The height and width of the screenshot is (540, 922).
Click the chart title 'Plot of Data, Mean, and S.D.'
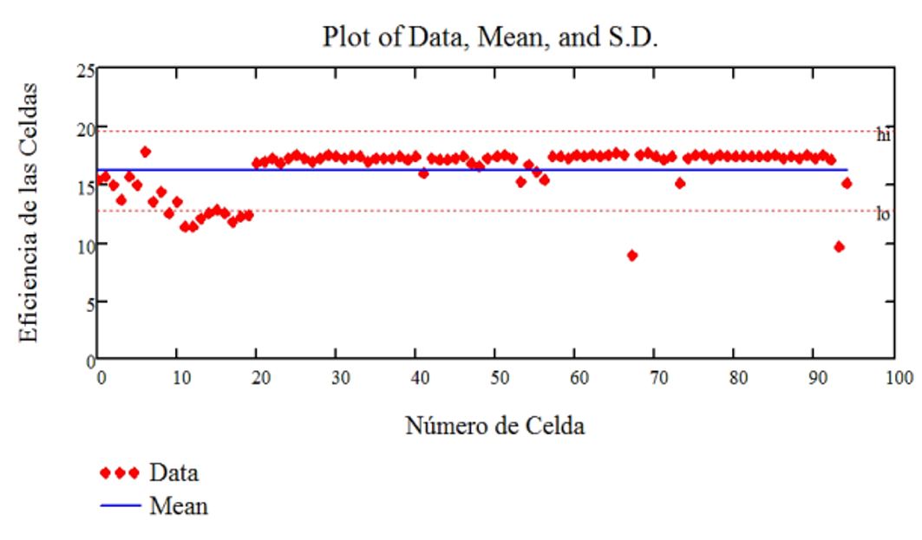pyautogui.click(x=490, y=37)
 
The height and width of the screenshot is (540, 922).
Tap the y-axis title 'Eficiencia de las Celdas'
pyautogui.click(x=28, y=212)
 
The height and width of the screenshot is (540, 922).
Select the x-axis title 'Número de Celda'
pyautogui.click(x=495, y=426)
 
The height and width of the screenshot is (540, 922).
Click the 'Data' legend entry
pyautogui.click(x=149, y=472)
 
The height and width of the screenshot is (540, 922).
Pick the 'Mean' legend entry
pyautogui.click(x=154, y=506)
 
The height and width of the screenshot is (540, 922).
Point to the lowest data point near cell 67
pyautogui.click(x=632, y=256)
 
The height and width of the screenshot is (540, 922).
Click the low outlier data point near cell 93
pyautogui.click(x=839, y=247)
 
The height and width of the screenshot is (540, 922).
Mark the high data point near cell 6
pyautogui.click(x=145, y=153)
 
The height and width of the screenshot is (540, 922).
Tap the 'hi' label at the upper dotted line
pyautogui.click(x=883, y=135)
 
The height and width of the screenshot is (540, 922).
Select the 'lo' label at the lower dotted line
pyautogui.click(x=883, y=214)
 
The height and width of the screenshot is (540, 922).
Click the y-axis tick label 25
pyautogui.click(x=86, y=71)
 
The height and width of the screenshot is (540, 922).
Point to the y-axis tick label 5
pyautogui.click(x=90, y=303)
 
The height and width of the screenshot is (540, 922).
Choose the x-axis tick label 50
pyautogui.click(x=500, y=378)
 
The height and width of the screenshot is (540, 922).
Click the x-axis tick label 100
pyautogui.click(x=899, y=378)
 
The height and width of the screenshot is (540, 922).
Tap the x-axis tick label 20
pyautogui.click(x=261, y=378)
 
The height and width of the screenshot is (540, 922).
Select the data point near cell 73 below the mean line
pyautogui.click(x=680, y=184)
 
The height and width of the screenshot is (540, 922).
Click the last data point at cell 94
pyautogui.click(x=847, y=184)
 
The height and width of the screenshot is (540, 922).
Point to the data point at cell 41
pyautogui.click(x=423, y=173)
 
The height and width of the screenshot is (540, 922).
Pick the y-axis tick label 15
pyautogui.click(x=86, y=187)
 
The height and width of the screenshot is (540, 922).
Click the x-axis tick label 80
pyautogui.click(x=738, y=378)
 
